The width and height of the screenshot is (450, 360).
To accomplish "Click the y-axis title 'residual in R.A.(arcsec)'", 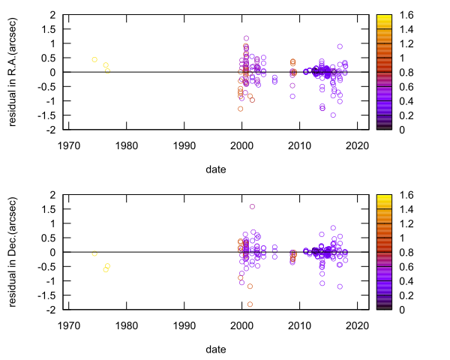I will tap(13, 72).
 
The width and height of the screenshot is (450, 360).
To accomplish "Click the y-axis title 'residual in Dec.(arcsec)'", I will tap(13, 252).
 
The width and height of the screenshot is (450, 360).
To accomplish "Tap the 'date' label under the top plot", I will tap(216, 169).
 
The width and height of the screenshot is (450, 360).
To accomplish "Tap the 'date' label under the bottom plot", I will tap(216, 349).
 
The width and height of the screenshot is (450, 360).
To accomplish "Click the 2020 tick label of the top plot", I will tap(358, 145).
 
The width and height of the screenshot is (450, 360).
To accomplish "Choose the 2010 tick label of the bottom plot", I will tap(300, 325).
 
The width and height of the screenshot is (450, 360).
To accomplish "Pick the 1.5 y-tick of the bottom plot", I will tap(49, 209).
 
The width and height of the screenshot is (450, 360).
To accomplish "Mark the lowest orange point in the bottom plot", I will tap(250, 304).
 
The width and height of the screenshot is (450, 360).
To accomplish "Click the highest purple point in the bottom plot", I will tap(252, 206).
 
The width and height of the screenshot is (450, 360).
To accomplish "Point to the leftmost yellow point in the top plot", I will tap(94, 59).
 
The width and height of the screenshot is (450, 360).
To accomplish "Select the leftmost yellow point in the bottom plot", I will tap(94, 253).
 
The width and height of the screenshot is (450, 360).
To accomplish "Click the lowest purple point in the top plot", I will tap(333, 115).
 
